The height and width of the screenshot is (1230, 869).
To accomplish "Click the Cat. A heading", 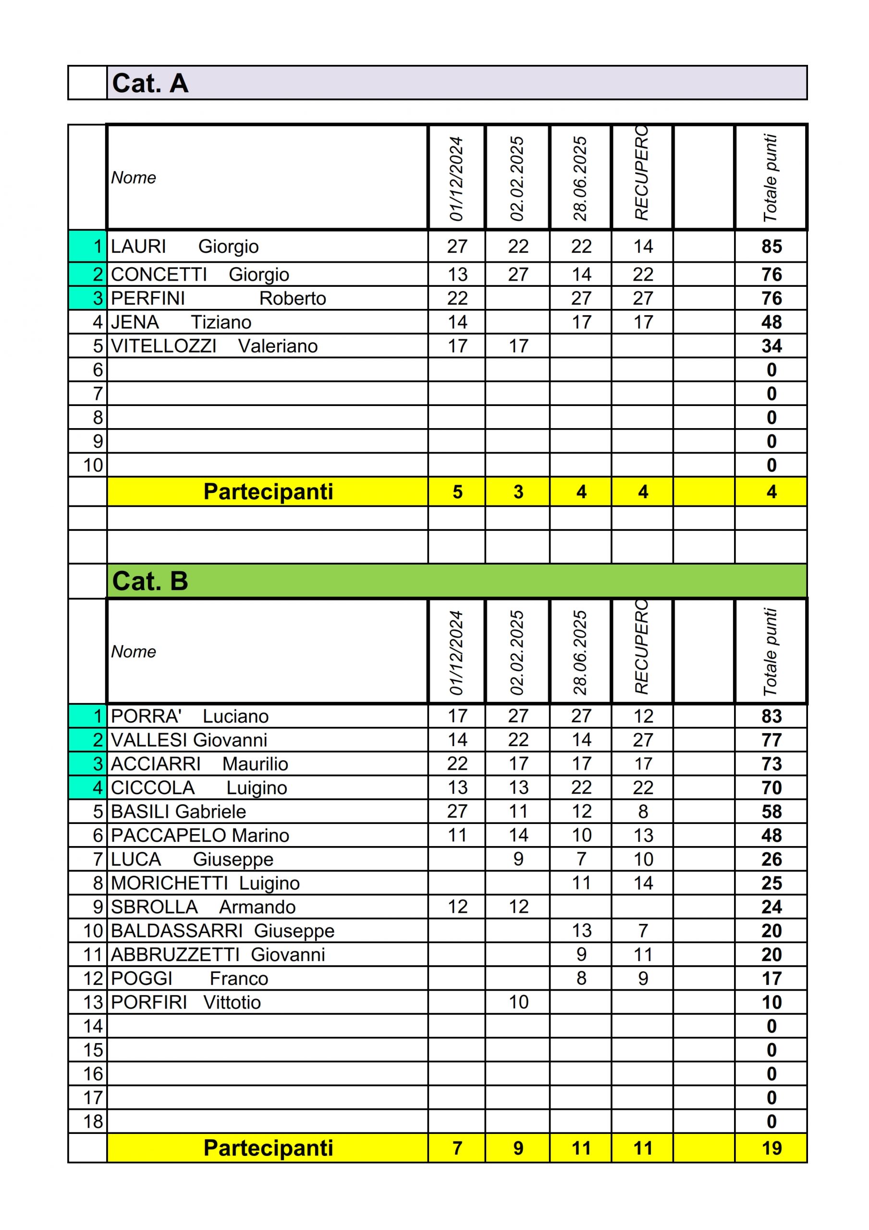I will tap(150, 83).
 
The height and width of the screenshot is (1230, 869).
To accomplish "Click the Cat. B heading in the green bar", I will tap(150, 581).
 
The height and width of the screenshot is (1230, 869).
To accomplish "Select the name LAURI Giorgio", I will tap(185, 246).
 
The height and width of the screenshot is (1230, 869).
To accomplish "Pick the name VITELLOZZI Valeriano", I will tap(214, 346).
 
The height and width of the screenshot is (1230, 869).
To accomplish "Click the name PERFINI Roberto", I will tap(218, 298).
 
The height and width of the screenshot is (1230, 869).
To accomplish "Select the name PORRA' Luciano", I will tap(190, 716).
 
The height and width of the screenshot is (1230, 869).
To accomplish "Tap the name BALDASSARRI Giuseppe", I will tap(222, 931).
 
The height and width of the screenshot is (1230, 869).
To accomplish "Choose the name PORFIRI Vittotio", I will tap(185, 1002).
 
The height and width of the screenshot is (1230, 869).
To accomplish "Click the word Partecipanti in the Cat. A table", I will tap(268, 492).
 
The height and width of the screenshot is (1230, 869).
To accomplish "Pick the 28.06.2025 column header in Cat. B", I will tap(580, 652).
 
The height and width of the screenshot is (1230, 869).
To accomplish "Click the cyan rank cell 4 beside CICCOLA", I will tap(88, 787).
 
